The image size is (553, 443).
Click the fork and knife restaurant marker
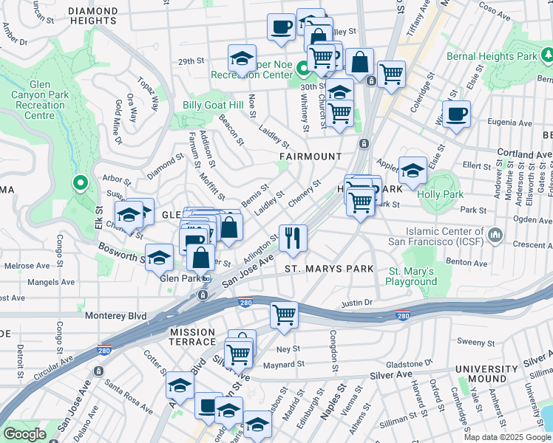pos(293,237)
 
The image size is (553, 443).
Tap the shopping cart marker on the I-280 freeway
pos(284,315)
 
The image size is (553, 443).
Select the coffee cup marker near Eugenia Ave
pos(456,114)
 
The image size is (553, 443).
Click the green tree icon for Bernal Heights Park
pos(546,55)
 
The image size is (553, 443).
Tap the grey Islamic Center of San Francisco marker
pos(495,236)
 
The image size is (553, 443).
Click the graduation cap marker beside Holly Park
pos(412,171)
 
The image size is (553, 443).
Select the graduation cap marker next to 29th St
pos(242,58)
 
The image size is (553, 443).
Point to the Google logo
pos(24,434)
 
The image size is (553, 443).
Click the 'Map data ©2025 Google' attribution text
pos(507,437)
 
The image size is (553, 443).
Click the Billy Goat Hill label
pos(213,106)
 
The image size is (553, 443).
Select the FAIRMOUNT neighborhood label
pos(311,157)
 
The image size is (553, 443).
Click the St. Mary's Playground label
pos(412,276)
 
